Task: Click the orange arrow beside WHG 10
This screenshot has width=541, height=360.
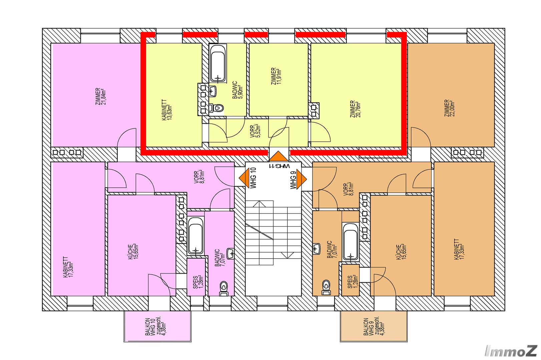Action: pos(244,178)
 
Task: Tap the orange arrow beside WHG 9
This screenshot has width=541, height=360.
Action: pos(302,179)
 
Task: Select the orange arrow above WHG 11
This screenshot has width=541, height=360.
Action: pos(279,156)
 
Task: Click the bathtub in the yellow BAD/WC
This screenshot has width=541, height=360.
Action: pos(218,63)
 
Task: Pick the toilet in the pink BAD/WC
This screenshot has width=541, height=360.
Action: pos(224,289)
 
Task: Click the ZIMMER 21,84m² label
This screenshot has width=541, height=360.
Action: pos(100,96)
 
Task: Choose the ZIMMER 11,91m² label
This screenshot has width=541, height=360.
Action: pos(276,76)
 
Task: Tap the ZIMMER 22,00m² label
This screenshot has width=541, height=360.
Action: pos(450,108)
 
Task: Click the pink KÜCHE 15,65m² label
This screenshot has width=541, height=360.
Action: pos(133,252)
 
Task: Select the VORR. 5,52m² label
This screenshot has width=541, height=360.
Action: pos(255,131)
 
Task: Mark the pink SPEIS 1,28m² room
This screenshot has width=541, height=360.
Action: pos(196,277)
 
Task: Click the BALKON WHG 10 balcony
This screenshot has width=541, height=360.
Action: pos(157,326)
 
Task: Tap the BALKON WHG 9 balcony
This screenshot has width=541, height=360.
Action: pos(374,326)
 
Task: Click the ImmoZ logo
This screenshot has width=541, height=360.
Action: pos(511,351)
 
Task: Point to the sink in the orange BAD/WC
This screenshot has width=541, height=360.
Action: pos(317,249)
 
